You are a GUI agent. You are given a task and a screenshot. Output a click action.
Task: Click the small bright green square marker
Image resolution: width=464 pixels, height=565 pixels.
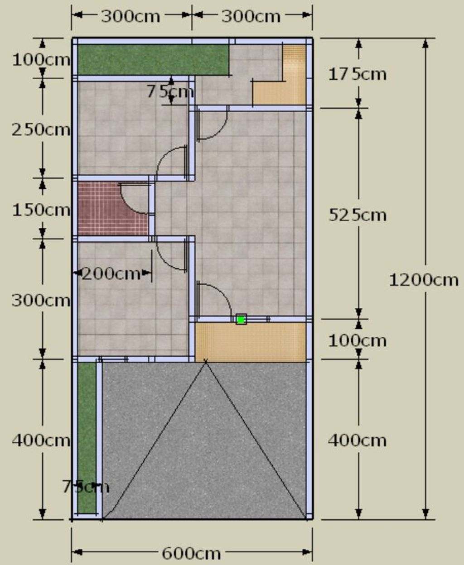coord(241,320)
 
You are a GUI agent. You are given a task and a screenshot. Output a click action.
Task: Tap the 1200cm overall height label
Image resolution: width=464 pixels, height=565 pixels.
coord(424,280)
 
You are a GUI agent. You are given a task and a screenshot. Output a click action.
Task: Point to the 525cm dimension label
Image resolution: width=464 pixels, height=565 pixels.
coord(358,215)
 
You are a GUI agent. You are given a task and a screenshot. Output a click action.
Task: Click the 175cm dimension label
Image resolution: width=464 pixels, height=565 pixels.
coord(358,74)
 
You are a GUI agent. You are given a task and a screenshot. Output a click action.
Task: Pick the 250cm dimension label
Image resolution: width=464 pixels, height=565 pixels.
coord(41,130)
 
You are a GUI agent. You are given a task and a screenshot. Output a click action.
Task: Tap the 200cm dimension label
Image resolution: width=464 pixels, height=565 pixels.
coord(111,274)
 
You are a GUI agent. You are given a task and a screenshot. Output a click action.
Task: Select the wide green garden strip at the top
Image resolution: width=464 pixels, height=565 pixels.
coord(153,60)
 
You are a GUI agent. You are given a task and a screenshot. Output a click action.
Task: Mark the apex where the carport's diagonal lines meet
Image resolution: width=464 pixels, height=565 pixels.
coord(206,362)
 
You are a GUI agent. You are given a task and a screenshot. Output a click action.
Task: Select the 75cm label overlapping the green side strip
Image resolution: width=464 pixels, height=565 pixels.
coord(86,487)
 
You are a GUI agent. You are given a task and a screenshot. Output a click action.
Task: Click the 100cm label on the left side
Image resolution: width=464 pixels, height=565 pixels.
coord(41,59)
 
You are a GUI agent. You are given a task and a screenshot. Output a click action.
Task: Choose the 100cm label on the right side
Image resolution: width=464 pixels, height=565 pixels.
coord(358,341)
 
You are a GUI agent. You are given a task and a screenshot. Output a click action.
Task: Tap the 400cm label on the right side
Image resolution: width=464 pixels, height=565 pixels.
coord(357,440)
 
